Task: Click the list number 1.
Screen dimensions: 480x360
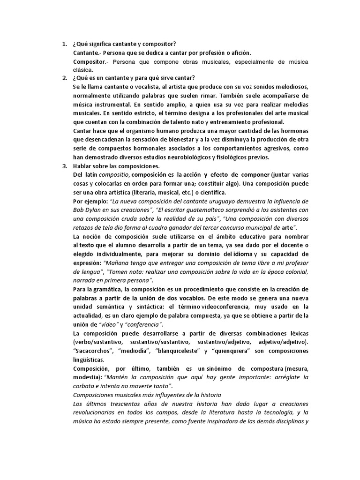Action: click(64, 44)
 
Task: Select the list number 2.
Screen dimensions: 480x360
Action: click(64, 78)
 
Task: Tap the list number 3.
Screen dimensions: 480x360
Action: click(64, 166)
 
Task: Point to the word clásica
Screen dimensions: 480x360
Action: click(83, 70)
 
